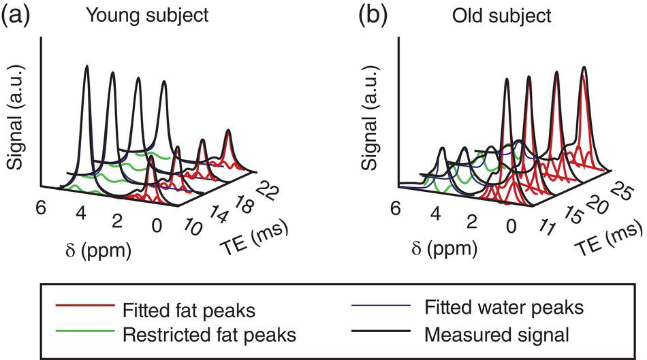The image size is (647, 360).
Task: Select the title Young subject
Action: (x=151, y=15)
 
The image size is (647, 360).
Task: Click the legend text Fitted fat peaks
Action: (x=189, y=310)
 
